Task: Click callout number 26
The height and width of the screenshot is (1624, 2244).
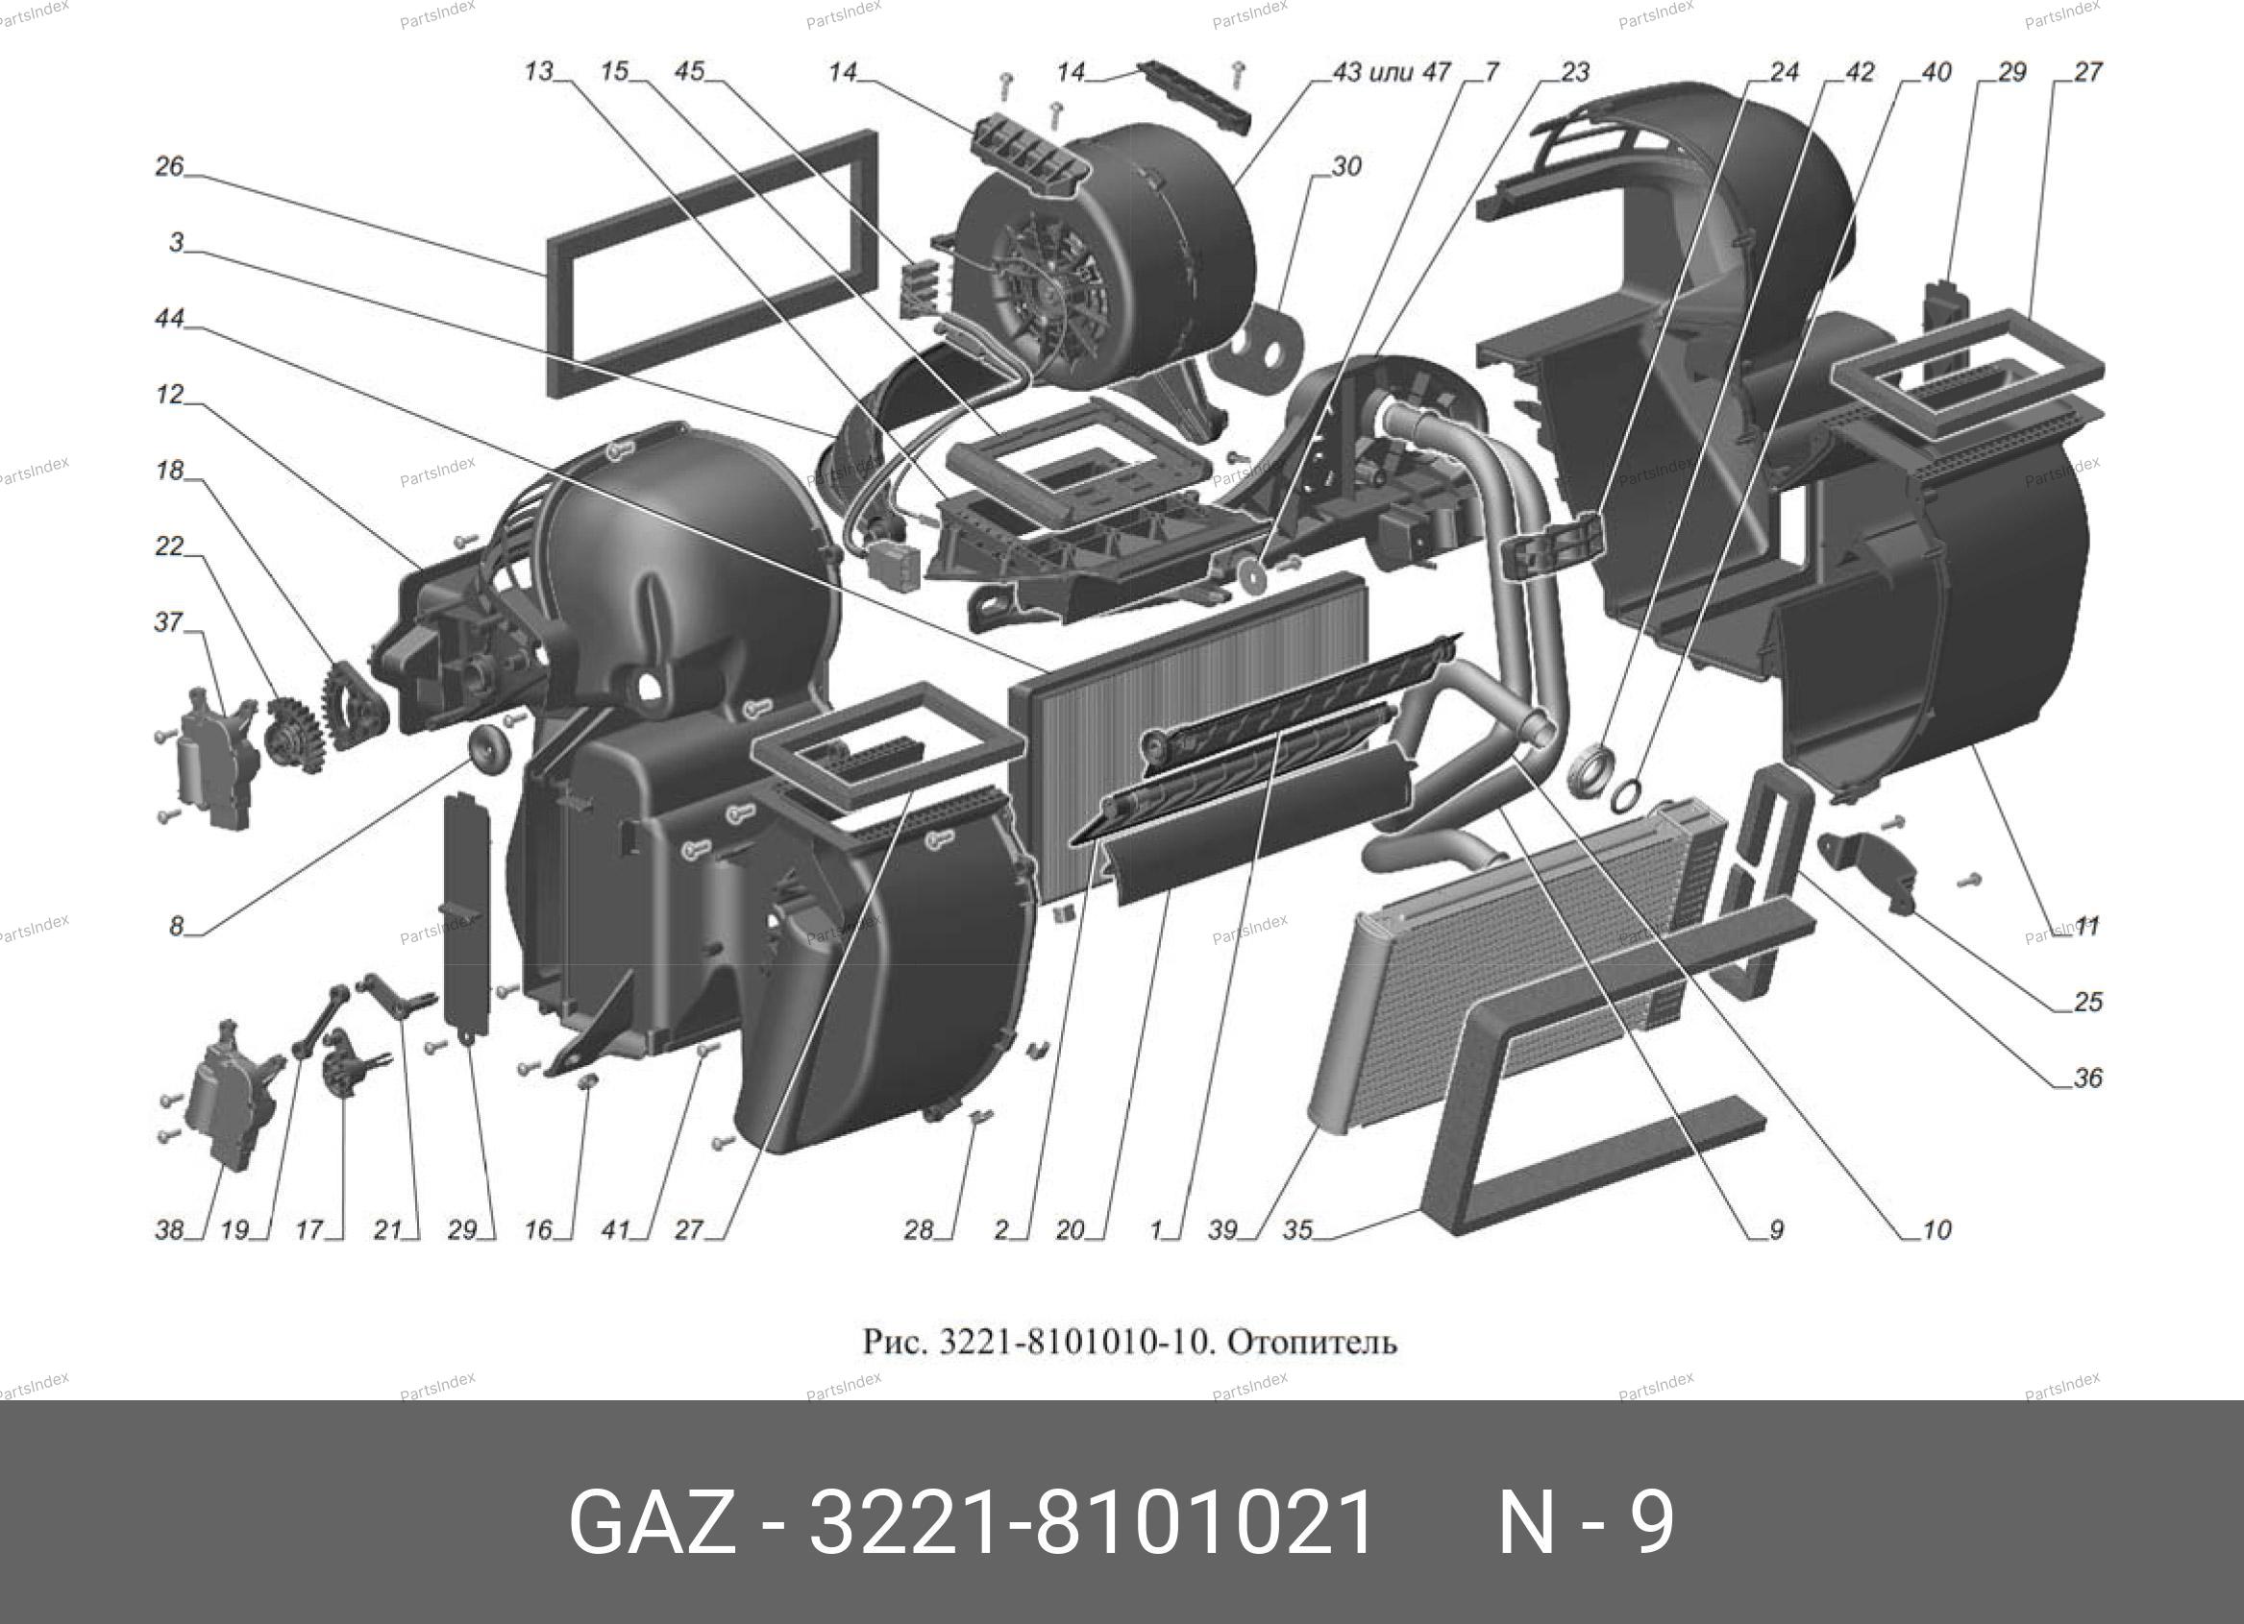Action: pyautogui.click(x=169, y=166)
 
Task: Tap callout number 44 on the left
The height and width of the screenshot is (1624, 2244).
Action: pyautogui.click(x=169, y=319)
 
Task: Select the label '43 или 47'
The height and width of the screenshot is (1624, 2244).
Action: pyautogui.click(x=1392, y=72)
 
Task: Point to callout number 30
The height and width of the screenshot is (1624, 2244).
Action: pyautogui.click(x=1346, y=167)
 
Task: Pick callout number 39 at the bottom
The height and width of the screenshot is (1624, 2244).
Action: pyautogui.click(x=1223, y=1230)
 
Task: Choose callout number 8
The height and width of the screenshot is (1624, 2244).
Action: pyautogui.click(x=176, y=927)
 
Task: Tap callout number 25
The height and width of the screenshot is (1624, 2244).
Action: pyautogui.click(x=2087, y=1002)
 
